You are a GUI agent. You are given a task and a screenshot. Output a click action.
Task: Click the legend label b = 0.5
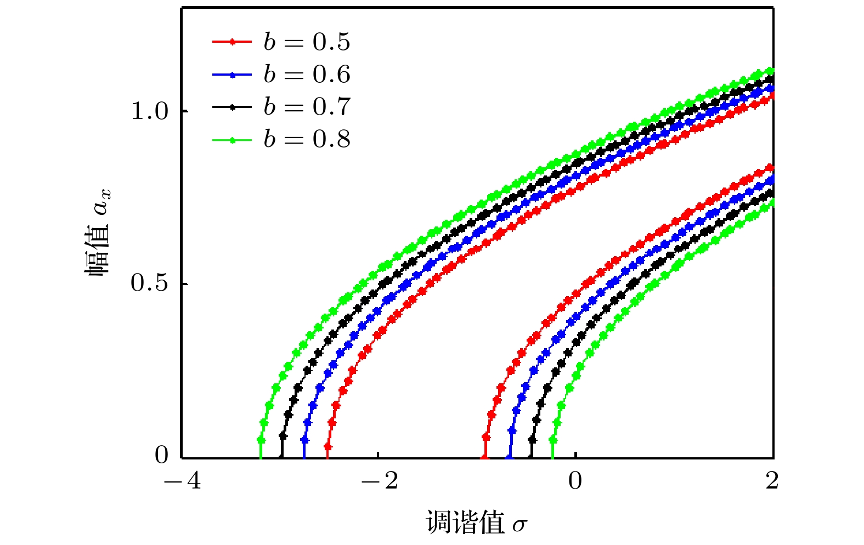(307, 42)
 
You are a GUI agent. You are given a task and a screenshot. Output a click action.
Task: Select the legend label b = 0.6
(307, 75)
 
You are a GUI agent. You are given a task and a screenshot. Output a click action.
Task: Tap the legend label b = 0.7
(307, 107)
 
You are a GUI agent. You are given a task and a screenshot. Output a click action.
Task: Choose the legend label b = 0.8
(307, 140)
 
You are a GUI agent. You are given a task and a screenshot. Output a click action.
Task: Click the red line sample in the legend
(232, 42)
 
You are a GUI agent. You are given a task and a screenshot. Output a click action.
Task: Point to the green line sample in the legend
(232, 140)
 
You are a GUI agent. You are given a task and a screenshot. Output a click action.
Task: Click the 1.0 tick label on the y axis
(149, 111)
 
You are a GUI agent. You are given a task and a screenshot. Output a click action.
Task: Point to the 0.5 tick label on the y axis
(149, 283)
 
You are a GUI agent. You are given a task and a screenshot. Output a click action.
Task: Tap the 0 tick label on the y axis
(162, 455)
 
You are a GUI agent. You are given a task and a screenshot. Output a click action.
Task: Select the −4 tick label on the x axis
(183, 481)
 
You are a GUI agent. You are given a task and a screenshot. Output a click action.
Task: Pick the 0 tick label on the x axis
(575, 481)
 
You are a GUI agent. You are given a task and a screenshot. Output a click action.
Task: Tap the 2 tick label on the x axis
(772, 481)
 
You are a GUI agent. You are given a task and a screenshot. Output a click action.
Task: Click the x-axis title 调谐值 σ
(476, 523)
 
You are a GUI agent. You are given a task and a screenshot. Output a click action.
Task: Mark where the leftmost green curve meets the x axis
(261, 457)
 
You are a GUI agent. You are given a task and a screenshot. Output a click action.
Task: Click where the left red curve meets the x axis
(327, 457)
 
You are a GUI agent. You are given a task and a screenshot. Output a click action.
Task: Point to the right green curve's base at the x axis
(552, 457)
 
